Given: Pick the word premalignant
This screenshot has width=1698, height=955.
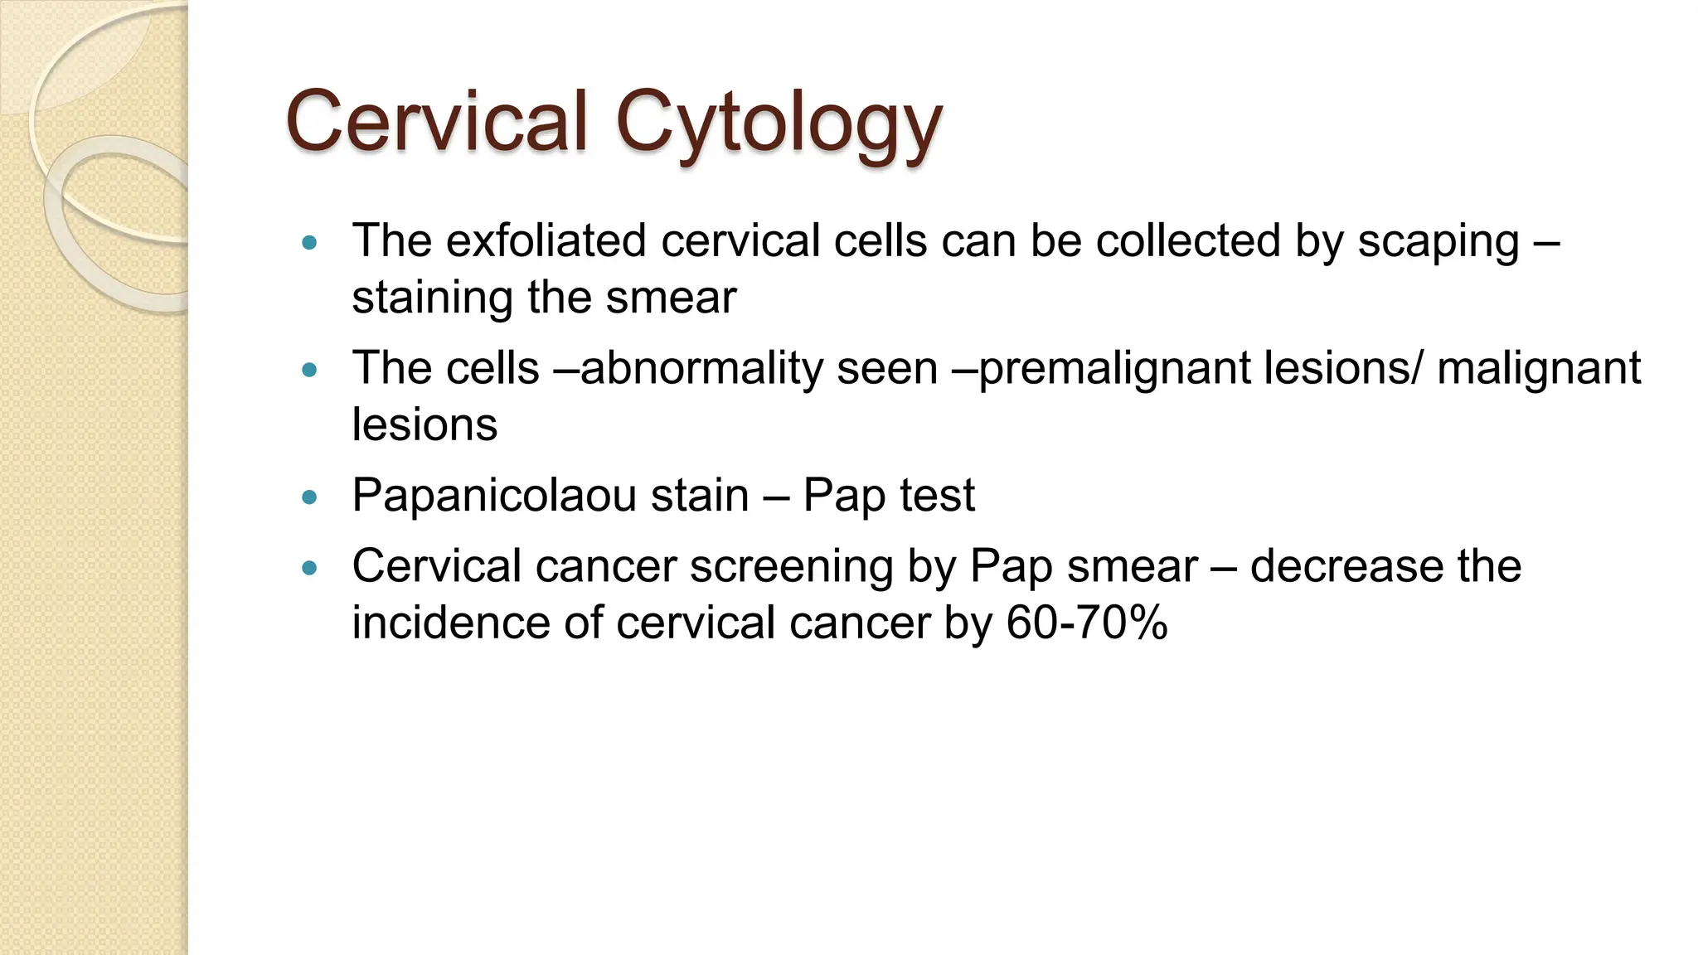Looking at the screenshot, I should point(1114,369).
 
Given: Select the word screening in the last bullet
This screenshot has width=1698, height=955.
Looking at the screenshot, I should point(791,567).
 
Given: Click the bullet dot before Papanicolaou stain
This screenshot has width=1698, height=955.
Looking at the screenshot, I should point(310,497).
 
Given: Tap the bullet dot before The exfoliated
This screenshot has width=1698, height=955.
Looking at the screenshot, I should point(310,243).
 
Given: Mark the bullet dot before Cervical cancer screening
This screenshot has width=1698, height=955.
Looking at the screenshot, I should point(310,569).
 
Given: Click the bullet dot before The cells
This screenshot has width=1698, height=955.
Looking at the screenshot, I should point(310,370).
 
